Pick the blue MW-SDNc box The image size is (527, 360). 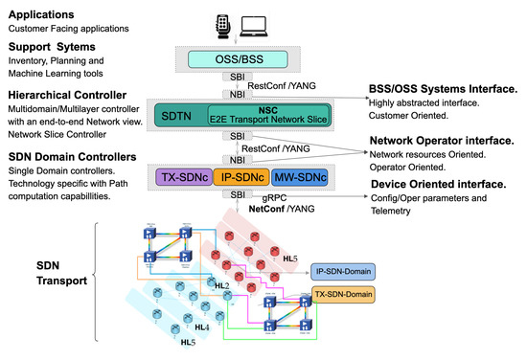[x=295, y=178]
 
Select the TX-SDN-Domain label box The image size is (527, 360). [x=343, y=294]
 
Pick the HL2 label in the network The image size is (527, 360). [x=220, y=285]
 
